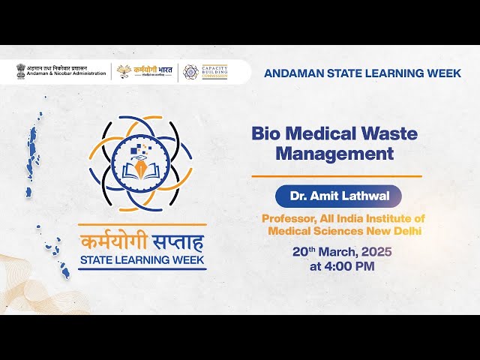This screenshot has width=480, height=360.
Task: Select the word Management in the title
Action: (x=334, y=154)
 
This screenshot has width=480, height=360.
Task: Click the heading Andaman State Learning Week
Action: (x=362, y=73)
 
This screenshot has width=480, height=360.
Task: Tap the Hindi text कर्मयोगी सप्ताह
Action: (x=142, y=243)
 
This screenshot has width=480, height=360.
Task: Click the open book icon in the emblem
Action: (x=141, y=169)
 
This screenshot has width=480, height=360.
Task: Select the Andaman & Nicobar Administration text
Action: (x=67, y=73)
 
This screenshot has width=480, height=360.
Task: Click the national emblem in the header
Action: (x=20, y=71)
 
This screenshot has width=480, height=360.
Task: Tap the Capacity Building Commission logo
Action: (x=205, y=72)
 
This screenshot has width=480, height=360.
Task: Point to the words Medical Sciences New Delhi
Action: (x=344, y=231)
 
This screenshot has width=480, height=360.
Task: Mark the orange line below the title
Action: (x=336, y=176)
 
